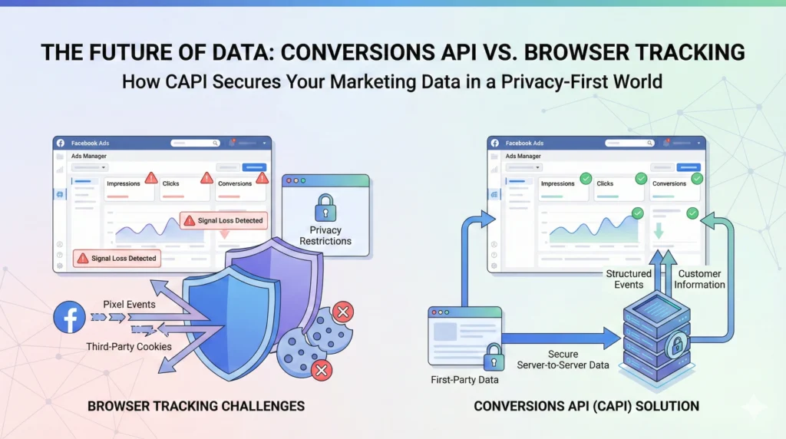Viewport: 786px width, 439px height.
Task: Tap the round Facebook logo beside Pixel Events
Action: click(x=70, y=317)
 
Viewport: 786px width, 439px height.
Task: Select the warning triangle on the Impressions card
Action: click(x=150, y=178)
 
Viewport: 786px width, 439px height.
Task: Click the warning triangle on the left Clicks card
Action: click(x=206, y=178)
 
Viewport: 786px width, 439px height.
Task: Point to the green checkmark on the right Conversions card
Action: click(x=696, y=178)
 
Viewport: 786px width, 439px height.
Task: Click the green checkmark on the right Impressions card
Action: click(x=586, y=178)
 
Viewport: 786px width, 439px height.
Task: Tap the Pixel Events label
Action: click(x=129, y=305)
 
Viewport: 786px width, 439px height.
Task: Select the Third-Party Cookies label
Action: click(x=129, y=347)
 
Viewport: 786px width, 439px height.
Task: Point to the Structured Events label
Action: click(x=629, y=279)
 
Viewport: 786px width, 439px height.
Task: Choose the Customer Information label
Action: click(x=699, y=279)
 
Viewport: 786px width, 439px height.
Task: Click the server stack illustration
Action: click(x=653, y=331)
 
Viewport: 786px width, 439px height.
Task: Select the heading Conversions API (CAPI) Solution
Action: click(x=586, y=405)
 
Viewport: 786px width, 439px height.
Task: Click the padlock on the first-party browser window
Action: click(x=493, y=356)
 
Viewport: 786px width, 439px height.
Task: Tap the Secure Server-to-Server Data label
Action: click(x=563, y=359)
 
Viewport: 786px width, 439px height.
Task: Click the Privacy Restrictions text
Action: click(x=325, y=236)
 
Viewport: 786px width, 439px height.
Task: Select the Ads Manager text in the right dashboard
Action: click(x=523, y=157)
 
